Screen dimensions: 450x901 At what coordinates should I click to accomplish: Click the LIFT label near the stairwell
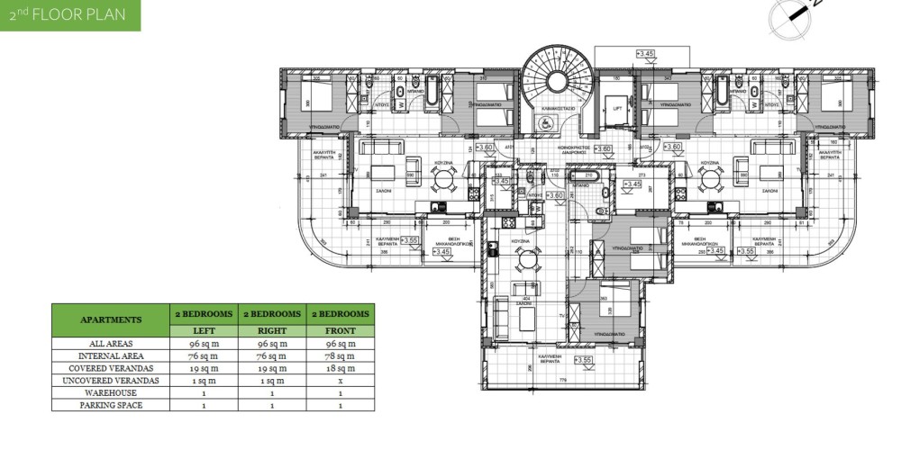[617, 109]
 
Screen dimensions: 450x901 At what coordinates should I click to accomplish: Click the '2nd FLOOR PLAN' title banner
[70, 15]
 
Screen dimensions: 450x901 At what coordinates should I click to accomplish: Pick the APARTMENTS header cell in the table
[111, 319]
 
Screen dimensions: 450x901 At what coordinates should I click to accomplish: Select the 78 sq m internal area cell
[341, 356]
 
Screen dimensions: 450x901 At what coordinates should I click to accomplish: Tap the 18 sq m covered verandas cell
[341, 369]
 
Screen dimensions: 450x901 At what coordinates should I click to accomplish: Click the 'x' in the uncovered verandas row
[341, 382]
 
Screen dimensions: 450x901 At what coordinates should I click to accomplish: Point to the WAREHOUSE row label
[111, 393]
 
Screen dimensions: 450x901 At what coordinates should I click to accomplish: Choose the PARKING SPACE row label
[111, 406]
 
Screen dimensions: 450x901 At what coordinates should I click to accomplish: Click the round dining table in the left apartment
[441, 179]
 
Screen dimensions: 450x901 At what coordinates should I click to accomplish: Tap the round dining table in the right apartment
[712, 179]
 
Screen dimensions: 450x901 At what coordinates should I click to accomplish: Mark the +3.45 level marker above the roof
[645, 55]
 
